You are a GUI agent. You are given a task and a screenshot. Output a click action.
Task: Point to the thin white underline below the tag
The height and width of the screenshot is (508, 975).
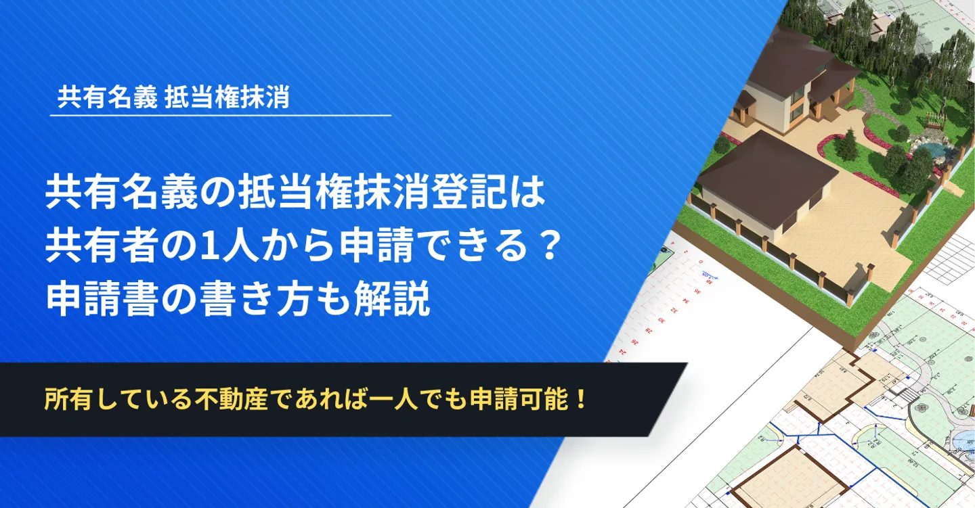point(221,116)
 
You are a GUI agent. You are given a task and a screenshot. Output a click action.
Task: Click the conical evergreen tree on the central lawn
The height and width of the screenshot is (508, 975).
point(847,144)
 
